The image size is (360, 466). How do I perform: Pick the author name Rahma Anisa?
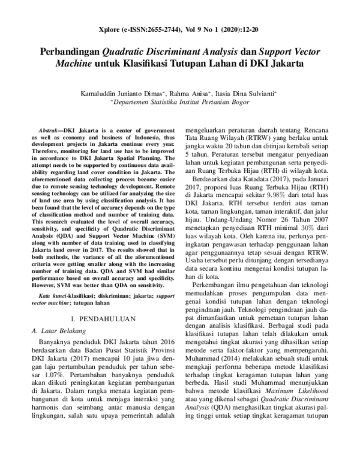click(x=190, y=93)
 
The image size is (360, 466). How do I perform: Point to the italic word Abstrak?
click(x=48, y=130)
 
